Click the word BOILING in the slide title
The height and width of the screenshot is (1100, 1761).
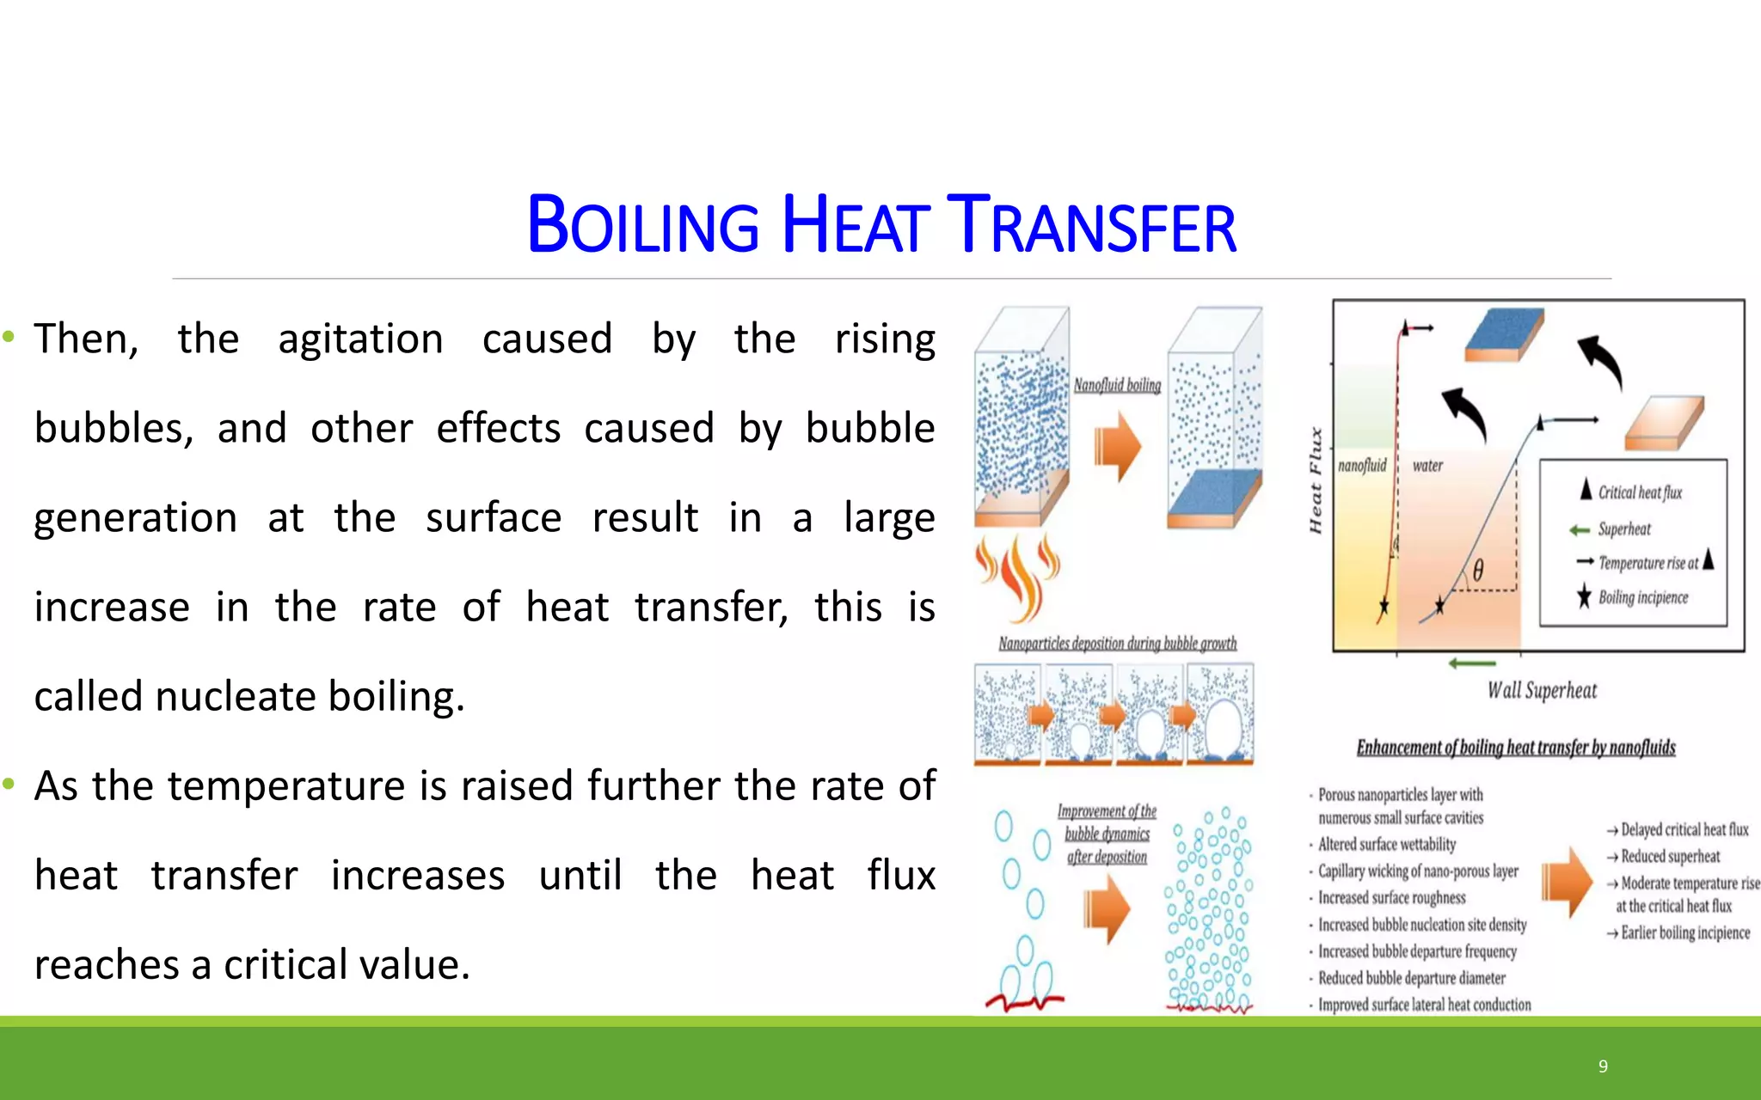click(x=642, y=225)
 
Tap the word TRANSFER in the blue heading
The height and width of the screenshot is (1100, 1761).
click(x=1091, y=225)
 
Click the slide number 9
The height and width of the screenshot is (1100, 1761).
click(x=1603, y=1066)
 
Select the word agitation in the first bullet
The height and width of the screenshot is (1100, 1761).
click(x=360, y=339)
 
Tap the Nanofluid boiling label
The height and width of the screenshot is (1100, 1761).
click(x=1117, y=386)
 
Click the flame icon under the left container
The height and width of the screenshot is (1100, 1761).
click(x=1018, y=576)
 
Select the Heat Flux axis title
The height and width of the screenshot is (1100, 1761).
click(x=1316, y=480)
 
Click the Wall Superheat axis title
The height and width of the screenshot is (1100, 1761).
click(x=1542, y=691)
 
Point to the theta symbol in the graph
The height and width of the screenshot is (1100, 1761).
click(x=1477, y=571)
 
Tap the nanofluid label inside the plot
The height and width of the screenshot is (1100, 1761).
click(x=1362, y=466)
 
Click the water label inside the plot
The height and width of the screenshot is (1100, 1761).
click(x=1427, y=466)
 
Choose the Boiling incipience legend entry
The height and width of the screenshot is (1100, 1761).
click(x=1642, y=598)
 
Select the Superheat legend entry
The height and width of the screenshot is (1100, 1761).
click(x=1624, y=529)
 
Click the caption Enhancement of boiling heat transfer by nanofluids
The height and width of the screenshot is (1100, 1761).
click(x=1516, y=748)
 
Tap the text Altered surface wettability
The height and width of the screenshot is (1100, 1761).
click(x=1387, y=845)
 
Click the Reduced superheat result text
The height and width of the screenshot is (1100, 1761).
click(x=1670, y=857)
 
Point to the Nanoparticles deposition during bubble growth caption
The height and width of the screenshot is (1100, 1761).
click(x=1117, y=644)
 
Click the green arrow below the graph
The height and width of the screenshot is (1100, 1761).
click(x=1472, y=663)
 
